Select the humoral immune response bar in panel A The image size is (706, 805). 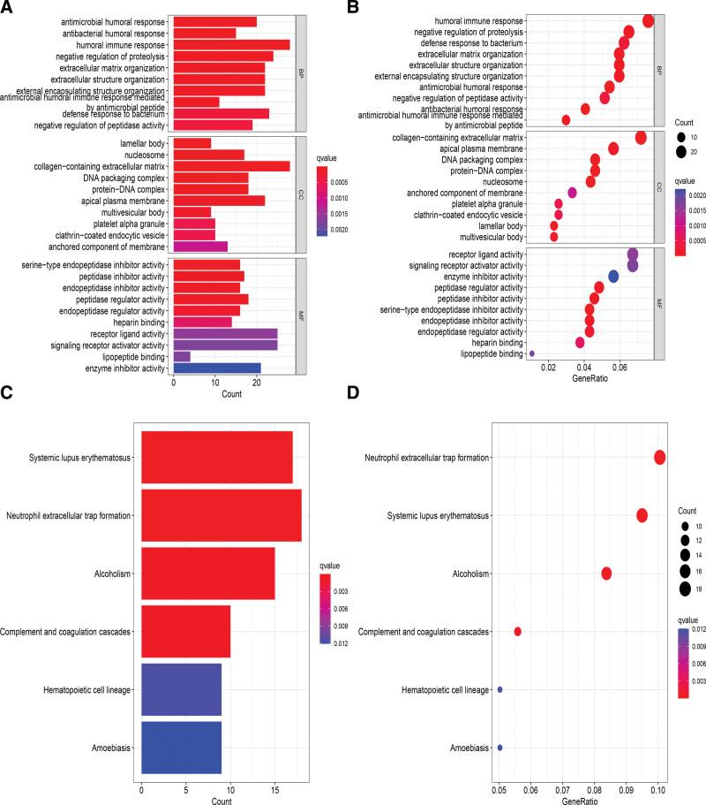click(231, 44)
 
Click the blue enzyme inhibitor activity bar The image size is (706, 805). click(217, 368)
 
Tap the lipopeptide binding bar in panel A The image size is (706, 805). click(182, 355)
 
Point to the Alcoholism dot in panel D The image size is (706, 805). click(606, 573)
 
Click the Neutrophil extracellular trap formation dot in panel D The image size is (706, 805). click(660, 457)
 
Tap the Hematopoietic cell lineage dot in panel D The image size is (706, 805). click(499, 690)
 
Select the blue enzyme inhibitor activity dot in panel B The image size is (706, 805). click(613, 277)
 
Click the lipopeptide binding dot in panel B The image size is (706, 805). click(531, 353)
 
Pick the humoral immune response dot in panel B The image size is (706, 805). click(649, 20)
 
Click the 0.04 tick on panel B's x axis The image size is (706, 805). click(583, 366)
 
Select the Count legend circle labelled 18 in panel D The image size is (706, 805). click(686, 589)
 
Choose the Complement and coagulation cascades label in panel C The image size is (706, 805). click(66, 632)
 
